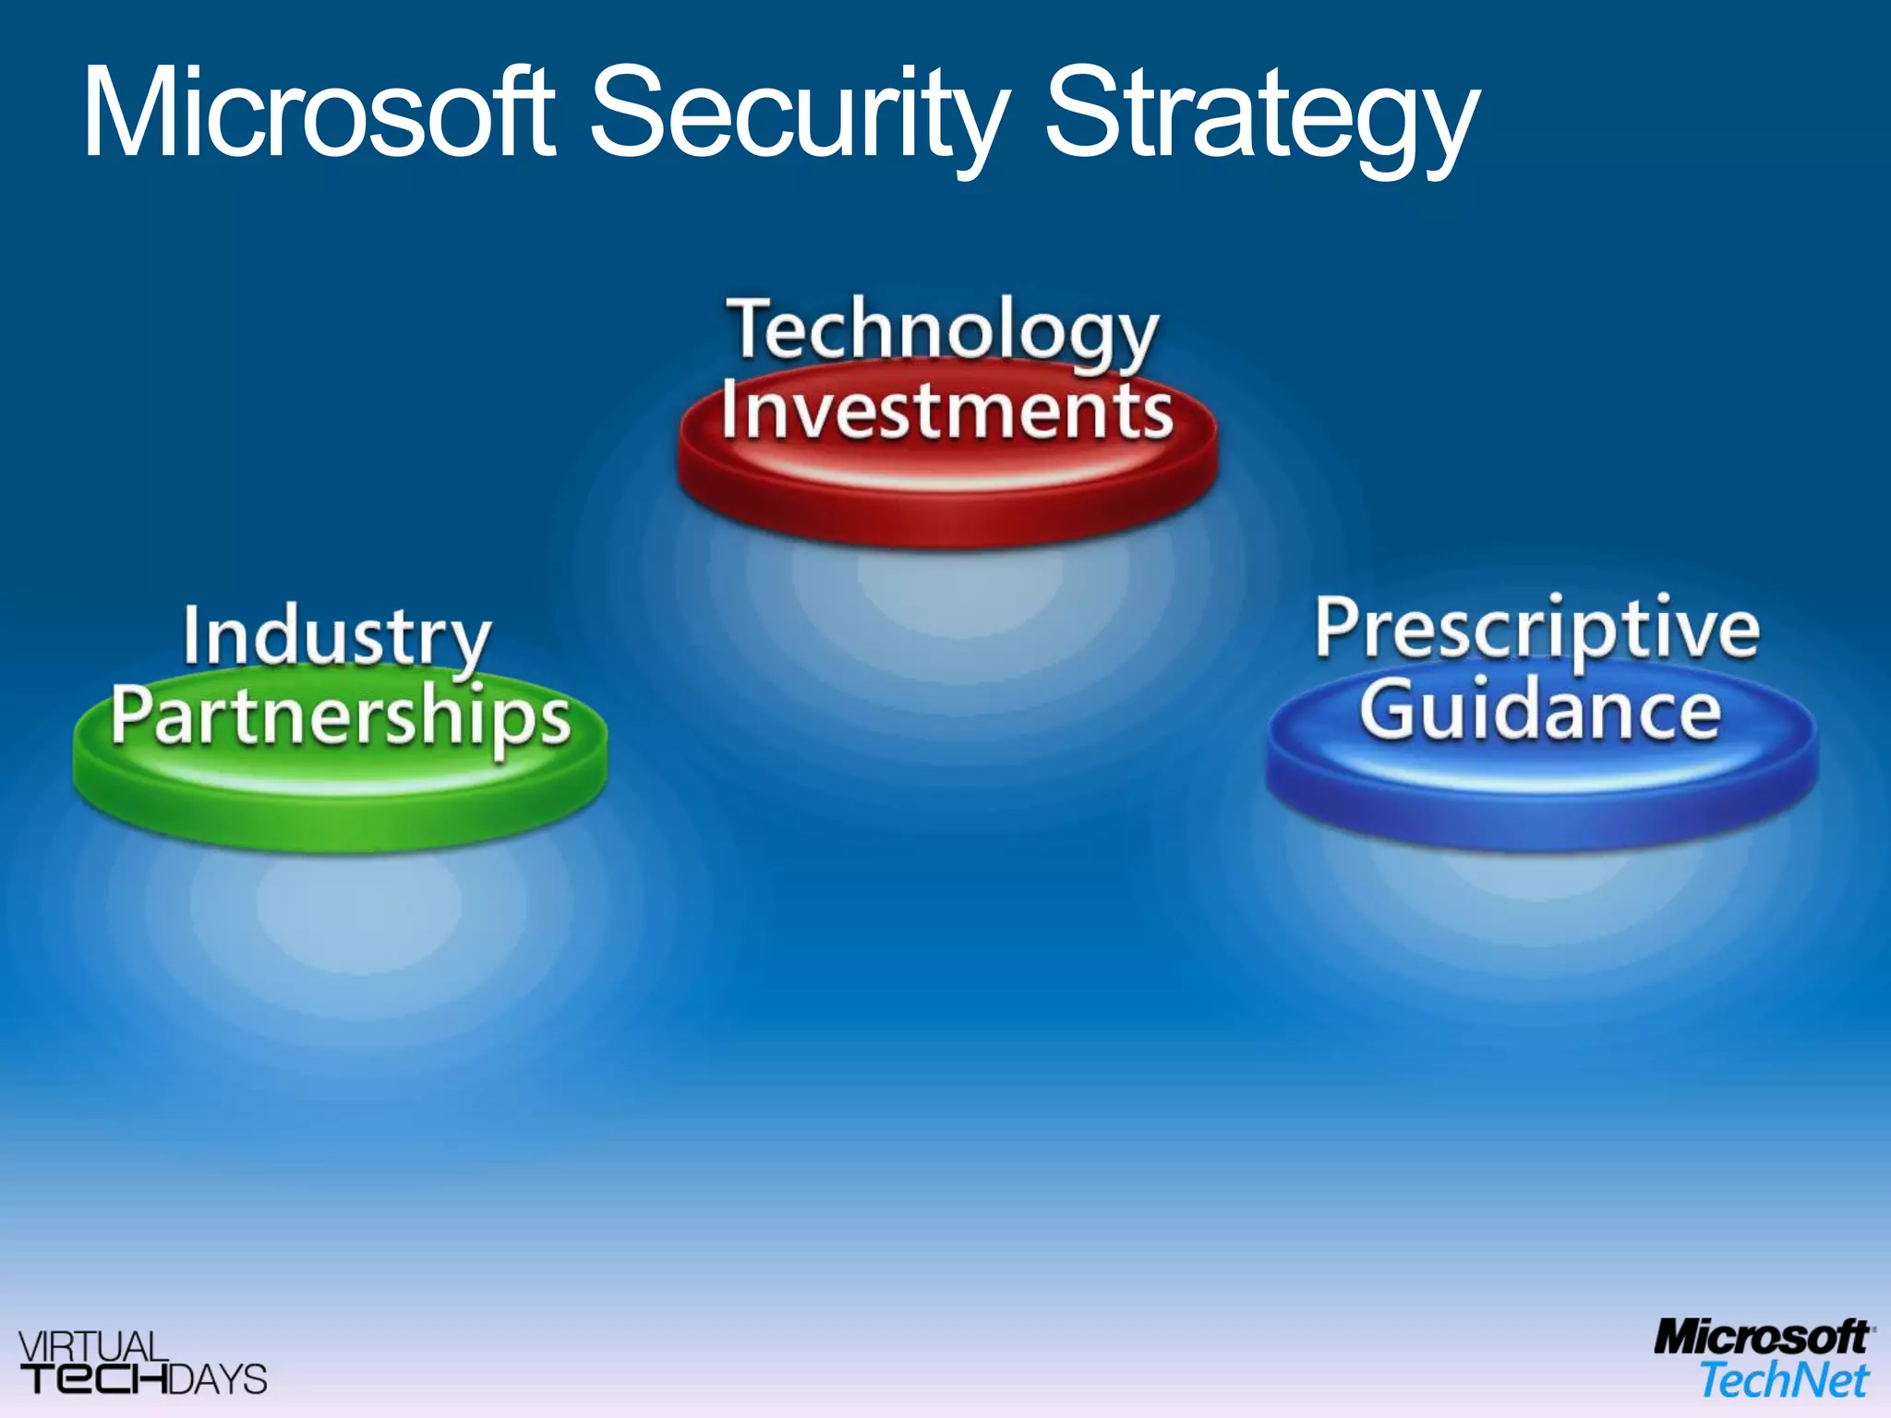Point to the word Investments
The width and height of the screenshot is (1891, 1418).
946,411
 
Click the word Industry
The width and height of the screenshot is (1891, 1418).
336,638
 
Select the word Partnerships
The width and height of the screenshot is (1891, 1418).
341,718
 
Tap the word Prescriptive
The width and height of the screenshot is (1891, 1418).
1537,630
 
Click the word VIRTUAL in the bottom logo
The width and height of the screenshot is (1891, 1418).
92,1346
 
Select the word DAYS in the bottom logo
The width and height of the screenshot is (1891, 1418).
218,1379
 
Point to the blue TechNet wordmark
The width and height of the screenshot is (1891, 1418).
1784,1380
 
